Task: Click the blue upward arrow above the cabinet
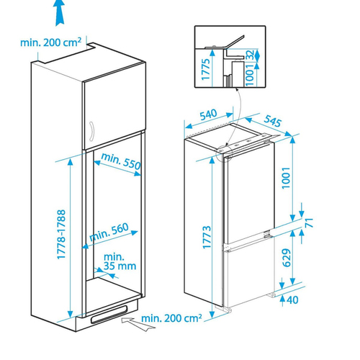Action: click(x=60, y=12)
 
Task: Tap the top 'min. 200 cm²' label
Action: click(x=50, y=42)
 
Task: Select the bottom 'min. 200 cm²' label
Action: click(x=171, y=318)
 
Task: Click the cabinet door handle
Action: click(x=91, y=131)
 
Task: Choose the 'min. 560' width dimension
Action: click(x=109, y=232)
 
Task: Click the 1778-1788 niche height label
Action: click(x=61, y=235)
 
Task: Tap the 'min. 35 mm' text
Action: click(x=120, y=261)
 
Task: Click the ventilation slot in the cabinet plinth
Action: click(x=109, y=315)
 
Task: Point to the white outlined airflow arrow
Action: click(x=137, y=323)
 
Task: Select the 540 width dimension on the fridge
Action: click(x=208, y=114)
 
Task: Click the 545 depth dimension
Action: click(x=272, y=121)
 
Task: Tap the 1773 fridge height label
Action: click(x=207, y=237)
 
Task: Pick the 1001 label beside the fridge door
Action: click(x=286, y=178)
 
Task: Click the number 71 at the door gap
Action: click(x=309, y=222)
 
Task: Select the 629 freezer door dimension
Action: click(x=287, y=258)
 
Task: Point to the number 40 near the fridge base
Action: click(x=292, y=300)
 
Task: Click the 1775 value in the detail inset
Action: click(x=206, y=69)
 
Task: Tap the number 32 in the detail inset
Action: click(x=251, y=55)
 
